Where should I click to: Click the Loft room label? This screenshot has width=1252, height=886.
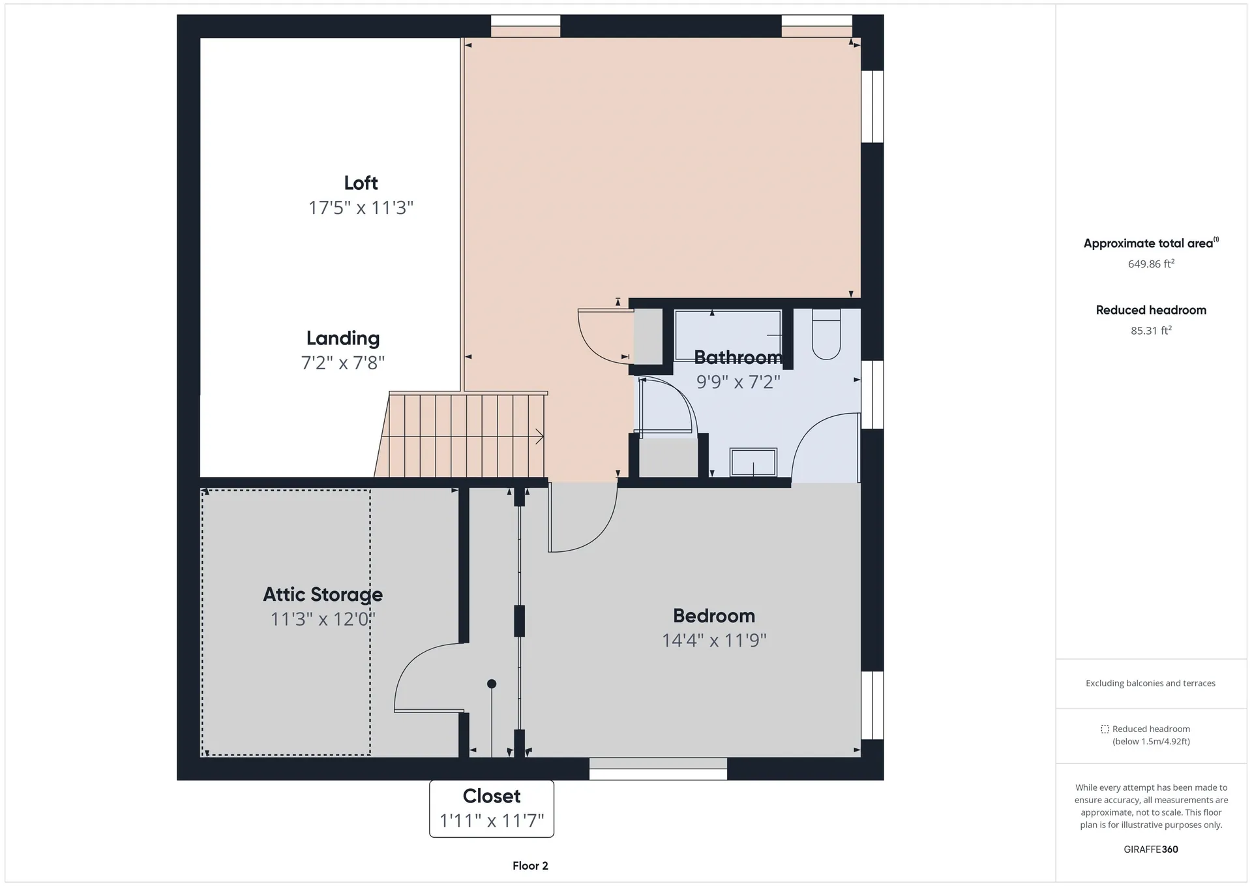click(x=361, y=183)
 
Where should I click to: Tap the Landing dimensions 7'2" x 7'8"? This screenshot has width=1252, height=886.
click(x=343, y=363)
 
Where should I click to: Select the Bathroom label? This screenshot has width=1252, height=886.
click(x=738, y=358)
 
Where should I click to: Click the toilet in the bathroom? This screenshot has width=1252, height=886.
click(x=826, y=334)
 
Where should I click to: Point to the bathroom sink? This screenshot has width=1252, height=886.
click(x=753, y=463)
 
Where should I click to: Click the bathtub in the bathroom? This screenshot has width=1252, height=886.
click(x=728, y=335)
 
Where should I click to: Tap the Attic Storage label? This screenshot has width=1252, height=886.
click(x=323, y=594)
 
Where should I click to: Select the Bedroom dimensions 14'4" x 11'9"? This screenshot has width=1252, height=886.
click(x=714, y=641)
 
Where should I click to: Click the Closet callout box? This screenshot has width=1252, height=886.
click(x=492, y=808)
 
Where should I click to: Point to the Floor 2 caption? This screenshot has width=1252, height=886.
click(x=530, y=866)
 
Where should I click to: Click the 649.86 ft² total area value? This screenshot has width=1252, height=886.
click(x=1151, y=264)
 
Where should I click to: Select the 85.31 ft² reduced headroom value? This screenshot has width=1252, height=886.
click(x=1151, y=330)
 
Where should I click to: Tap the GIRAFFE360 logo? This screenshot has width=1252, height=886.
click(x=1151, y=849)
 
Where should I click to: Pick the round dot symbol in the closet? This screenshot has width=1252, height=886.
click(x=492, y=684)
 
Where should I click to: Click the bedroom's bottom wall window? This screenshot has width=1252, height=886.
click(x=658, y=769)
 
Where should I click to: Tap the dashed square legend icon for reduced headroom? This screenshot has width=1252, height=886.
click(x=1105, y=729)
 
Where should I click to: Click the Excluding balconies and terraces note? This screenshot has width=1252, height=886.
click(x=1150, y=683)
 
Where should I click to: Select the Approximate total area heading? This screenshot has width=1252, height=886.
click(x=1151, y=243)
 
